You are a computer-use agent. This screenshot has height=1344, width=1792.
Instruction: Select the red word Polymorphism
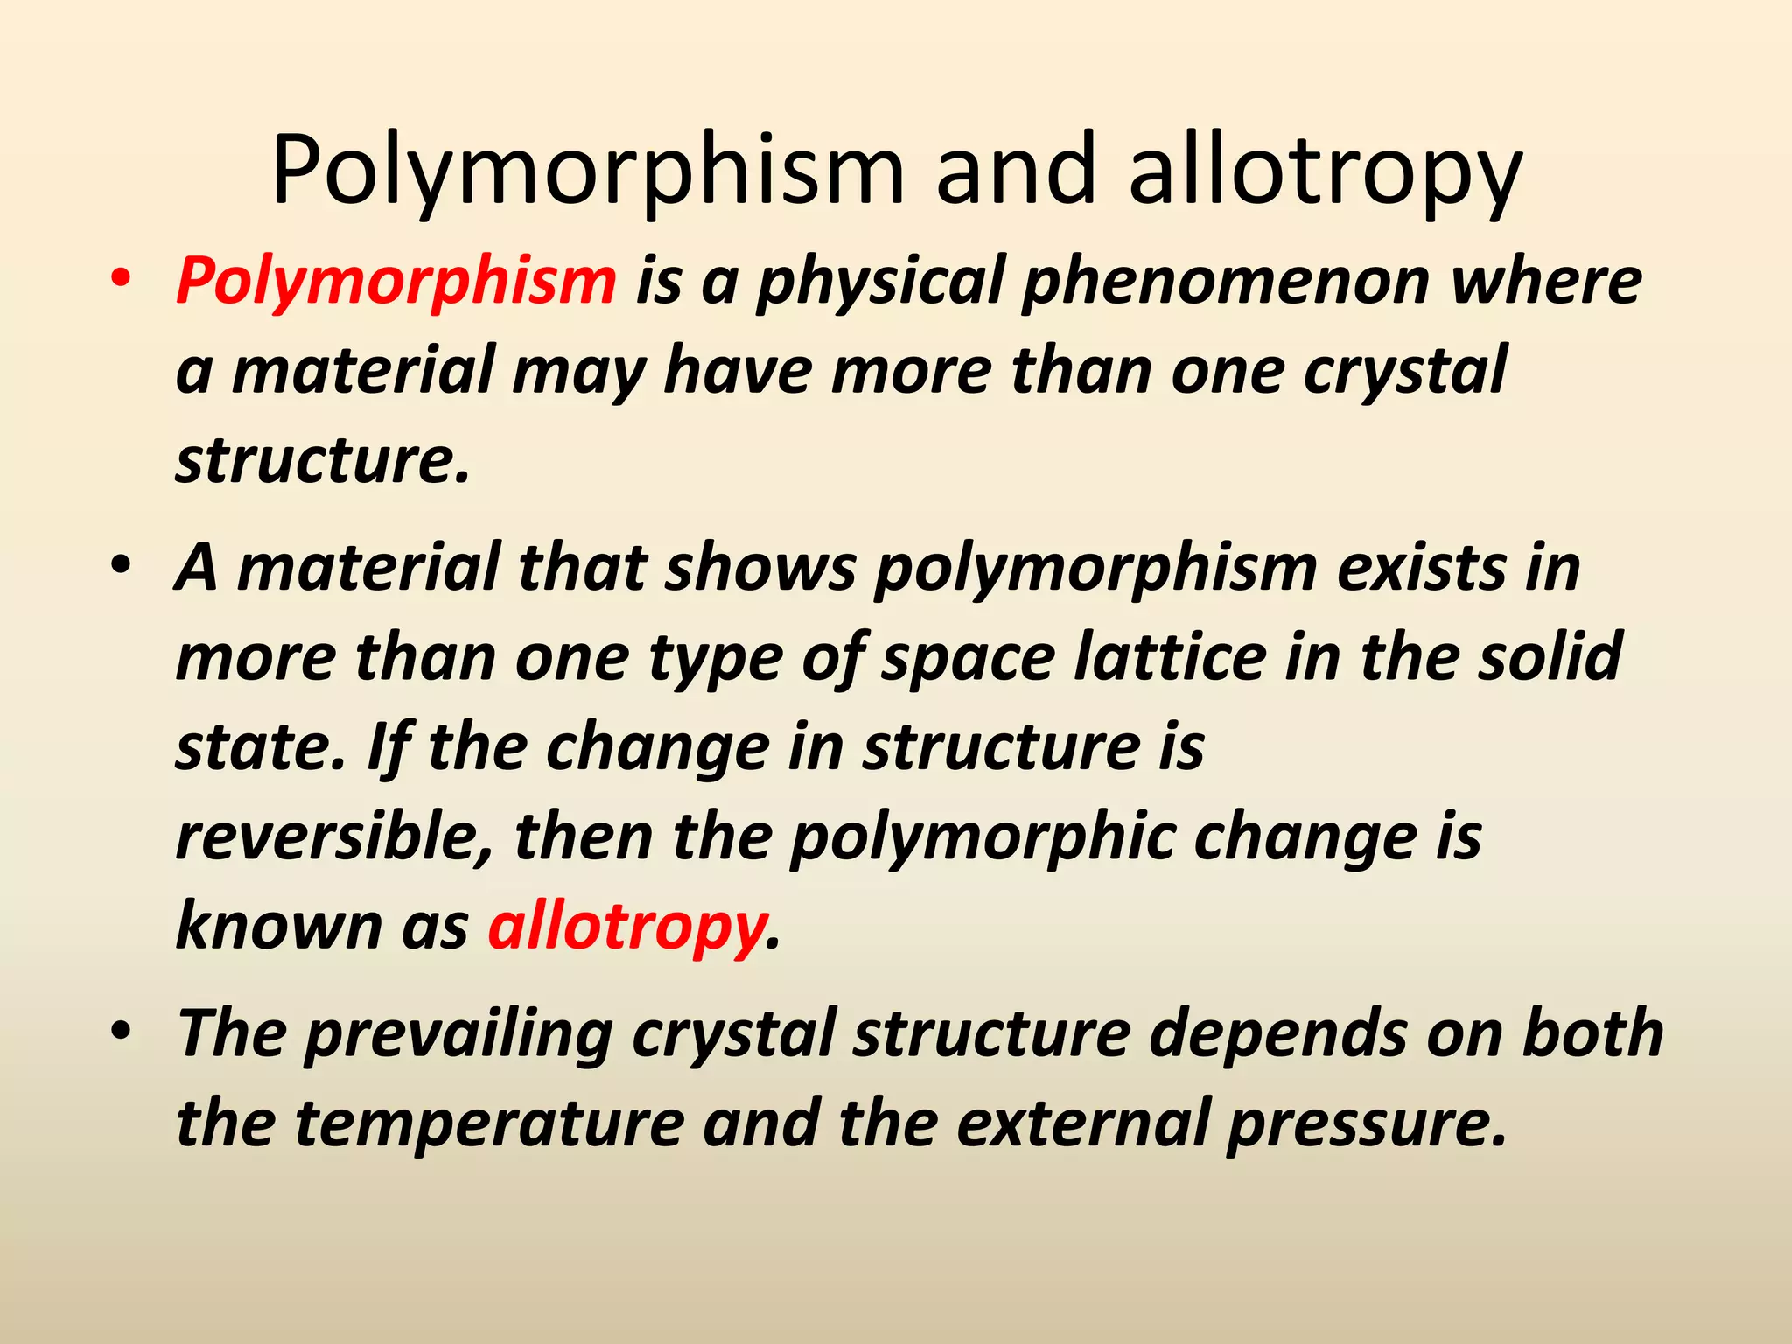396,282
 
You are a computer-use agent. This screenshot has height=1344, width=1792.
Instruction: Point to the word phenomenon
1225,282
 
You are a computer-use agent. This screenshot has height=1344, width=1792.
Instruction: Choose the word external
1081,1123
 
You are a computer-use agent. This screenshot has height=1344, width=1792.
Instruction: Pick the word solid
1550,658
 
